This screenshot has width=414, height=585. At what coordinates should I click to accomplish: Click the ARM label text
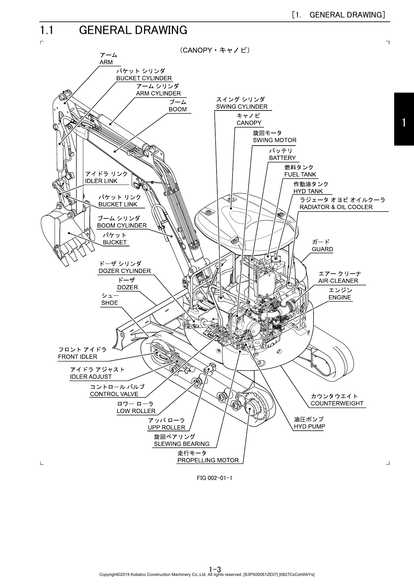point(106,62)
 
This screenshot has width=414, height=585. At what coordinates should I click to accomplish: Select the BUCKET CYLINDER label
point(144,78)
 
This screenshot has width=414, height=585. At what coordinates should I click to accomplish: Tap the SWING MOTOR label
point(274,140)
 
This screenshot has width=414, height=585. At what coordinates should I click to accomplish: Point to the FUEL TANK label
point(300,175)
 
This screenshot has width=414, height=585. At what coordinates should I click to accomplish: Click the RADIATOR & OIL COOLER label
point(336,207)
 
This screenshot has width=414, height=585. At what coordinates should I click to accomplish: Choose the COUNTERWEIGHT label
point(337,403)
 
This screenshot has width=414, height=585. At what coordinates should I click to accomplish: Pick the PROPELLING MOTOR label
point(208,460)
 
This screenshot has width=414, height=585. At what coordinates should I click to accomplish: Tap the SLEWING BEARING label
point(181,444)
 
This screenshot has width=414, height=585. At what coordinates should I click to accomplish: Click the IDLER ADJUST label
point(91,377)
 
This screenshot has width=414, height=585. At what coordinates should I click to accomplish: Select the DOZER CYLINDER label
point(125,271)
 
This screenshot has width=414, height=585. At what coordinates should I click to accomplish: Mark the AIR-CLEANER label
point(338,281)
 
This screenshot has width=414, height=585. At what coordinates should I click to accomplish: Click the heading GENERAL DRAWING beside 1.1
point(133,30)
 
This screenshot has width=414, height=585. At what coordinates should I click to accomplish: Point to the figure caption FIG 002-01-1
point(214,478)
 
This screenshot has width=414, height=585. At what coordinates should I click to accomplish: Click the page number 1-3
point(215,570)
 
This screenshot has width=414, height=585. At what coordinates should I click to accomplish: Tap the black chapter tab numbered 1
point(404,119)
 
